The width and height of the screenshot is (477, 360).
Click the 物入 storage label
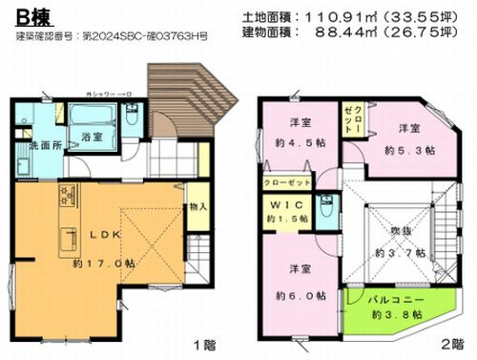(197, 205)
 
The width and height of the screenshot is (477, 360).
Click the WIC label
(283, 206)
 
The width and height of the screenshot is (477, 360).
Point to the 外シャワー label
(107, 95)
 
